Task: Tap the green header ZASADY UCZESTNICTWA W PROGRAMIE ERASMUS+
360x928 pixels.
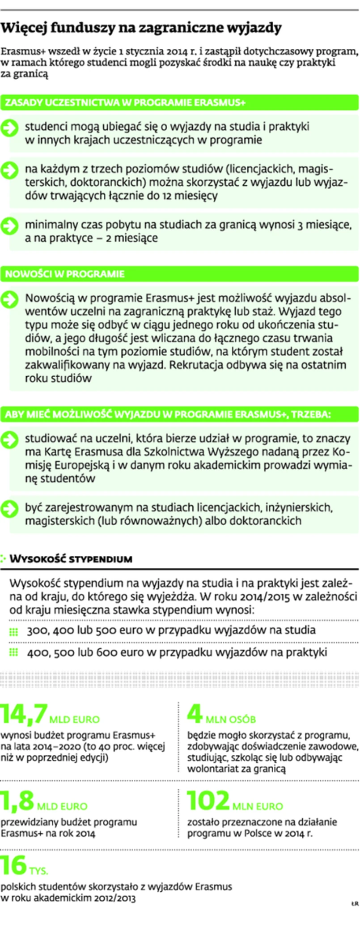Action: coord(125,102)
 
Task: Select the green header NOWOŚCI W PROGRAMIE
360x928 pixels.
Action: coord(65,273)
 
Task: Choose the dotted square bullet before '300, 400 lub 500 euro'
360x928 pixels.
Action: coord(13,631)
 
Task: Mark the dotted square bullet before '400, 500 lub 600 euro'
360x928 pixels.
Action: coord(13,652)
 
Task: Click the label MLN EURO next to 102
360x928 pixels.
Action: coord(258,806)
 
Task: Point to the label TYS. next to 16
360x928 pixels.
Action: coord(39,871)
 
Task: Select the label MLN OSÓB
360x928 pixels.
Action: coord(231,719)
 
